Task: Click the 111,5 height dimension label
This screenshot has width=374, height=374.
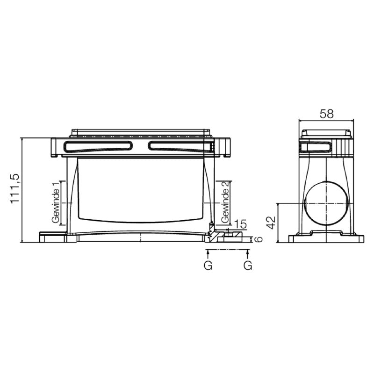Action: [x=14, y=188]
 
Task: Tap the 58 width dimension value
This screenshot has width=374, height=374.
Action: [x=326, y=114]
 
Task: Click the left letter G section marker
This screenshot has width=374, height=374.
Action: [x=208, y=266]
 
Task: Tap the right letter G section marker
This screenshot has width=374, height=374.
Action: [x=248, y=266]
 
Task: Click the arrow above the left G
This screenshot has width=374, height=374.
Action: [x=208, y=253]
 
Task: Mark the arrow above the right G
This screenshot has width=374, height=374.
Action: [x=248, y=253]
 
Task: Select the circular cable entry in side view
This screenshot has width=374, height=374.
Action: [x=326, y=203]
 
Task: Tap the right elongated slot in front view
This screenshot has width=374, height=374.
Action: [x=180, y=146]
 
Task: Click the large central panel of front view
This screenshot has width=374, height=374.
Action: [x=140, y=189]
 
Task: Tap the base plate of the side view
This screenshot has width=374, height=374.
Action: [x=326, y=238]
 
